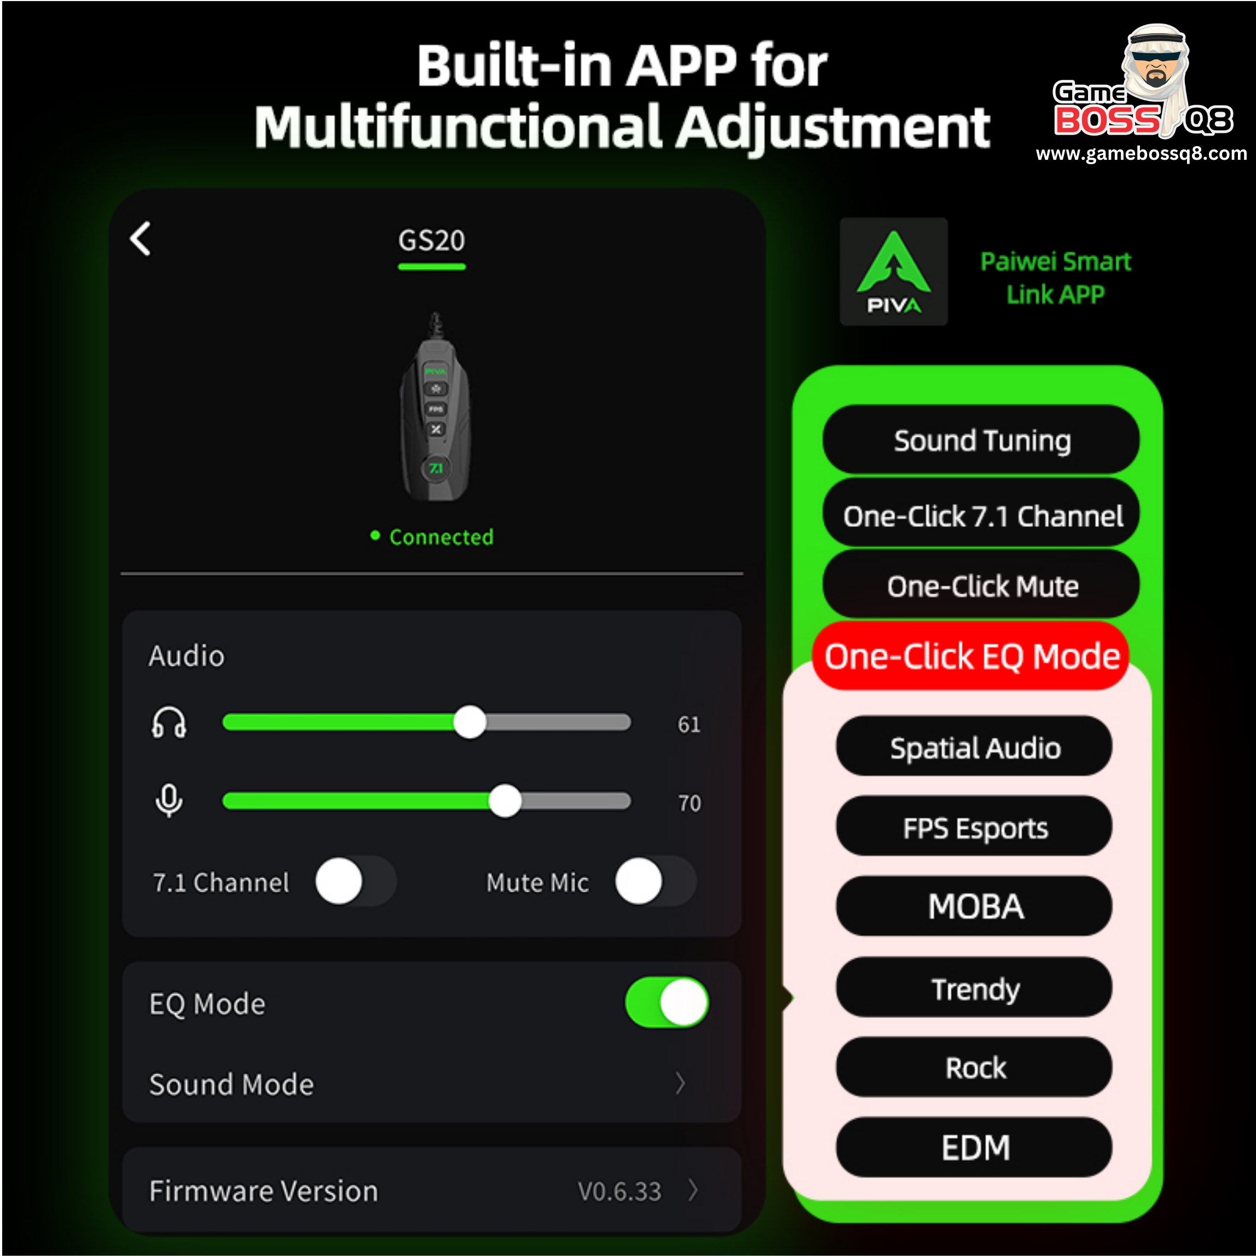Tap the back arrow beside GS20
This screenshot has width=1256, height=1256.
tap(141, 239)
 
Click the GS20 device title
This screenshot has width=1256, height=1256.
tap(432, 241)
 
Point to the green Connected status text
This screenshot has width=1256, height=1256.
tap(442, 537)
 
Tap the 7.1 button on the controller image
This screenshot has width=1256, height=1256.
tap(436, 468)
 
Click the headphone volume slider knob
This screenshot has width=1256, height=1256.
tap(470, 722)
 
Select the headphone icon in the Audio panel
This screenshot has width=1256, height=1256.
tap(169, 722)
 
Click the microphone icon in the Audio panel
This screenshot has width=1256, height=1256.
tap(169, 801)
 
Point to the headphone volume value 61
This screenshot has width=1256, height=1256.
tap(689, 724)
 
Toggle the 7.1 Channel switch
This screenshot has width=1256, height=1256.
tap(356, 881)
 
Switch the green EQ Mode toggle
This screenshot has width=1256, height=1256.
tap(667, 1003)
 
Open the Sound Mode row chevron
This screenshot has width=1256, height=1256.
tap(681, 1083)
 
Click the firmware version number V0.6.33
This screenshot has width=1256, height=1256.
tap(620, 1191)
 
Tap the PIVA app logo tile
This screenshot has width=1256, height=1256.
tap(894, 272)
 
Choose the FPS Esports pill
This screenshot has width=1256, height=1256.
tap(975, 826)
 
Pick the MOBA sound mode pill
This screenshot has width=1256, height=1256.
tap(975, 906)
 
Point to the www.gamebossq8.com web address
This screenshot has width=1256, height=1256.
tap(1142, 154)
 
